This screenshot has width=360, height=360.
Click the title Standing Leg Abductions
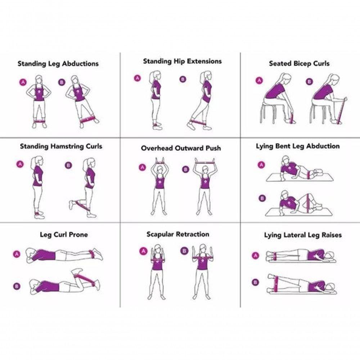[x=58, y=64]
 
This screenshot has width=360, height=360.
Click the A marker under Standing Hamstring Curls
[x=20, y=164]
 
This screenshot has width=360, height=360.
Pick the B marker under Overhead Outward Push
[x=185, y=170]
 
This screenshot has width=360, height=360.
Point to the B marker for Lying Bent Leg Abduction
[x=262, y=198]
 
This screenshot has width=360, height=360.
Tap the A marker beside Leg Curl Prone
[x=17, y=254]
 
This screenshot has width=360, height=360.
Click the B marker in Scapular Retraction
[x=184, y=251]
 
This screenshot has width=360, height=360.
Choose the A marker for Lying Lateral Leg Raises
[x=255, y=255]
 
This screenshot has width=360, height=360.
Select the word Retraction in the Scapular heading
[x=193, y=234]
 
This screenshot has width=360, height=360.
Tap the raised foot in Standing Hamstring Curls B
[x=71, y=204]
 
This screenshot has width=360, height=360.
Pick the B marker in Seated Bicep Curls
[x=309, y=81]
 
